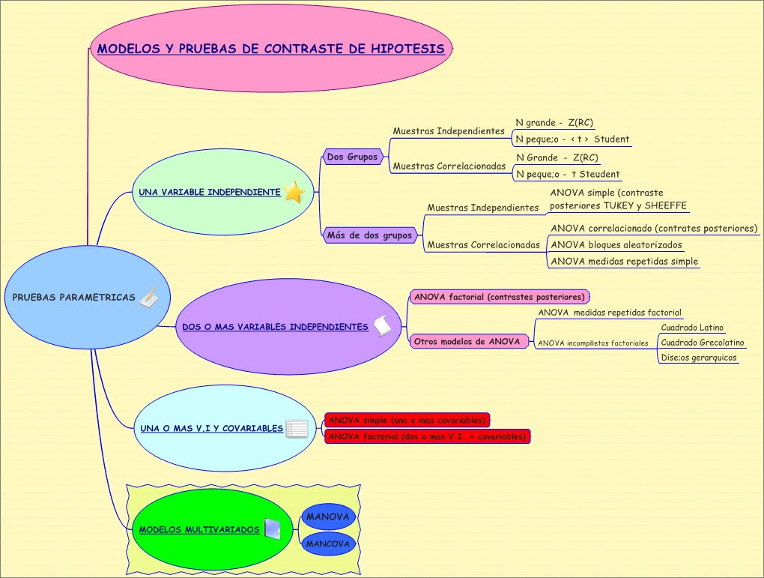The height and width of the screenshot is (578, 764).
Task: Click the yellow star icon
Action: tap(294, 192)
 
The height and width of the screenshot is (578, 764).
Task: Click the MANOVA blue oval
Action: tap(328, 517)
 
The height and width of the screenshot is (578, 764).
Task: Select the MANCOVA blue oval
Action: tap(328, 544)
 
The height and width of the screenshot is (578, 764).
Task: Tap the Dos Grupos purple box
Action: tap(352, 157)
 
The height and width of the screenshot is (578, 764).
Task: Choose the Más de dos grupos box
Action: tap(369, 235)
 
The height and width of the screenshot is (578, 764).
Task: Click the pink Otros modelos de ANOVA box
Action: tap(467, 341)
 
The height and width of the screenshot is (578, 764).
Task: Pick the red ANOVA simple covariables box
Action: tap(407, 420)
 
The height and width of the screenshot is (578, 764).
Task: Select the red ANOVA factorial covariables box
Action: tap(427, 436)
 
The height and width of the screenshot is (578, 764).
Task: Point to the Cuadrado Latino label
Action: tap(692, 328)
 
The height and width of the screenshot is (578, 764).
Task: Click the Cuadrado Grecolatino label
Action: tap(702, 343)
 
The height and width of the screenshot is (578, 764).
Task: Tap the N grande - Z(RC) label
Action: tap(554, 122)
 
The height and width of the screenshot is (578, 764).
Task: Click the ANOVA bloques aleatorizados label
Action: tap(616, 245)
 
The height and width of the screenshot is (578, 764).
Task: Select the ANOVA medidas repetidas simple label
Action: tap(625, 262)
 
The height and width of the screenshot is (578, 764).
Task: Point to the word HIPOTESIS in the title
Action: tap(407, 49)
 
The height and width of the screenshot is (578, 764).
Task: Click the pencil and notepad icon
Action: tap(148, 297)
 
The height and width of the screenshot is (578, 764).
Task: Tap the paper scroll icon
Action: tap(383, 326)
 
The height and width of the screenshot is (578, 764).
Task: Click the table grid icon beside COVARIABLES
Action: tap(297, 429)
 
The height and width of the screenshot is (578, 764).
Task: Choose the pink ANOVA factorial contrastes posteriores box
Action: tap(500, 297)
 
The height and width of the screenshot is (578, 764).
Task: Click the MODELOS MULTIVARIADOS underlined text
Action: tap(199, 530)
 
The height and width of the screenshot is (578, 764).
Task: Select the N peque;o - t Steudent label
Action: tap(568, 174)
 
